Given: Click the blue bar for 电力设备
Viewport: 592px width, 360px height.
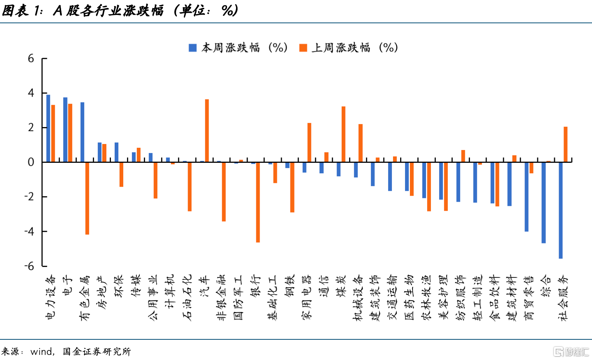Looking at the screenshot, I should [48, 128].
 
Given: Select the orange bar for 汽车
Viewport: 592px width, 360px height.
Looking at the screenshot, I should [207, 130].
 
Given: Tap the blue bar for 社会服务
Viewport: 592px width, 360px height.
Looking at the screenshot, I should [561, 210].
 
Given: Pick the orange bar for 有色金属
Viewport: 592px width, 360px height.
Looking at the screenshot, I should [87, 198].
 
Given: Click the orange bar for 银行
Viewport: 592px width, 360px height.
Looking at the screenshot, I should [258, 202].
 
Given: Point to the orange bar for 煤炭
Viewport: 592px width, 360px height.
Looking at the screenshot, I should [343, 134].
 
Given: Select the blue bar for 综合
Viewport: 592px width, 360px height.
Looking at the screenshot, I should [543, 202].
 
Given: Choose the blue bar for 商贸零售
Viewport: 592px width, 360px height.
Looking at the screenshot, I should [526, 196].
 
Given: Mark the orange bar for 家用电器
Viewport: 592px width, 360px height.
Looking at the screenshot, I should [309, 142].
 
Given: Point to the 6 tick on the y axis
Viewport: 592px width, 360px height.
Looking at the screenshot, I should [31, 58].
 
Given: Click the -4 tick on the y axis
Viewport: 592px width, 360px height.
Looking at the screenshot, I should [29, 231].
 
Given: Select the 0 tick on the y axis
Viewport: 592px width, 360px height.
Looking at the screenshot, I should [31, 162].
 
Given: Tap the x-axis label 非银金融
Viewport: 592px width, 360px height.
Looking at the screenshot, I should [222, 298].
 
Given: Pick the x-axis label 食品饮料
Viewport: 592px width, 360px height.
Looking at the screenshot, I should [495, 298].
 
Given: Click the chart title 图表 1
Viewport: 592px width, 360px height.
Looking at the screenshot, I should [22, 10].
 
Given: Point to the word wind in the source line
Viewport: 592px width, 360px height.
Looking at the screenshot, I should [41, 352].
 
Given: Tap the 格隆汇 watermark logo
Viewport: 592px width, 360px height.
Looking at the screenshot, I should [571, 352].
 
